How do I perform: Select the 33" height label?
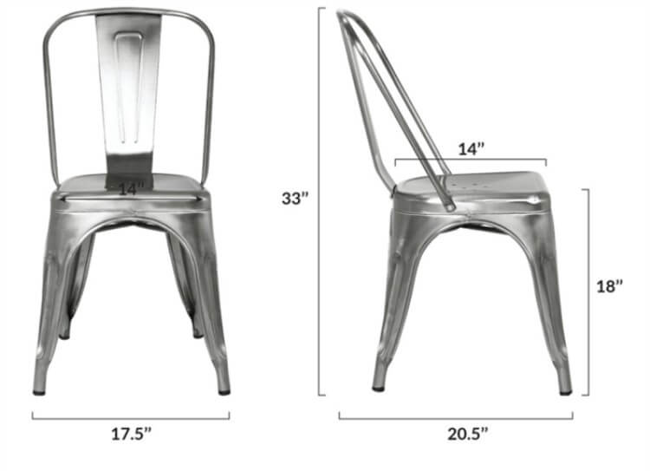295,198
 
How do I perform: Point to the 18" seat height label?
610,286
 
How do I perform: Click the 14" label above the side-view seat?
470,149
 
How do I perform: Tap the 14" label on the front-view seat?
130,186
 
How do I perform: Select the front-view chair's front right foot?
224,388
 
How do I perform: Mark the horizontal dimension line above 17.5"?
131,417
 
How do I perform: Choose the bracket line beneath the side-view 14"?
470,160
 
